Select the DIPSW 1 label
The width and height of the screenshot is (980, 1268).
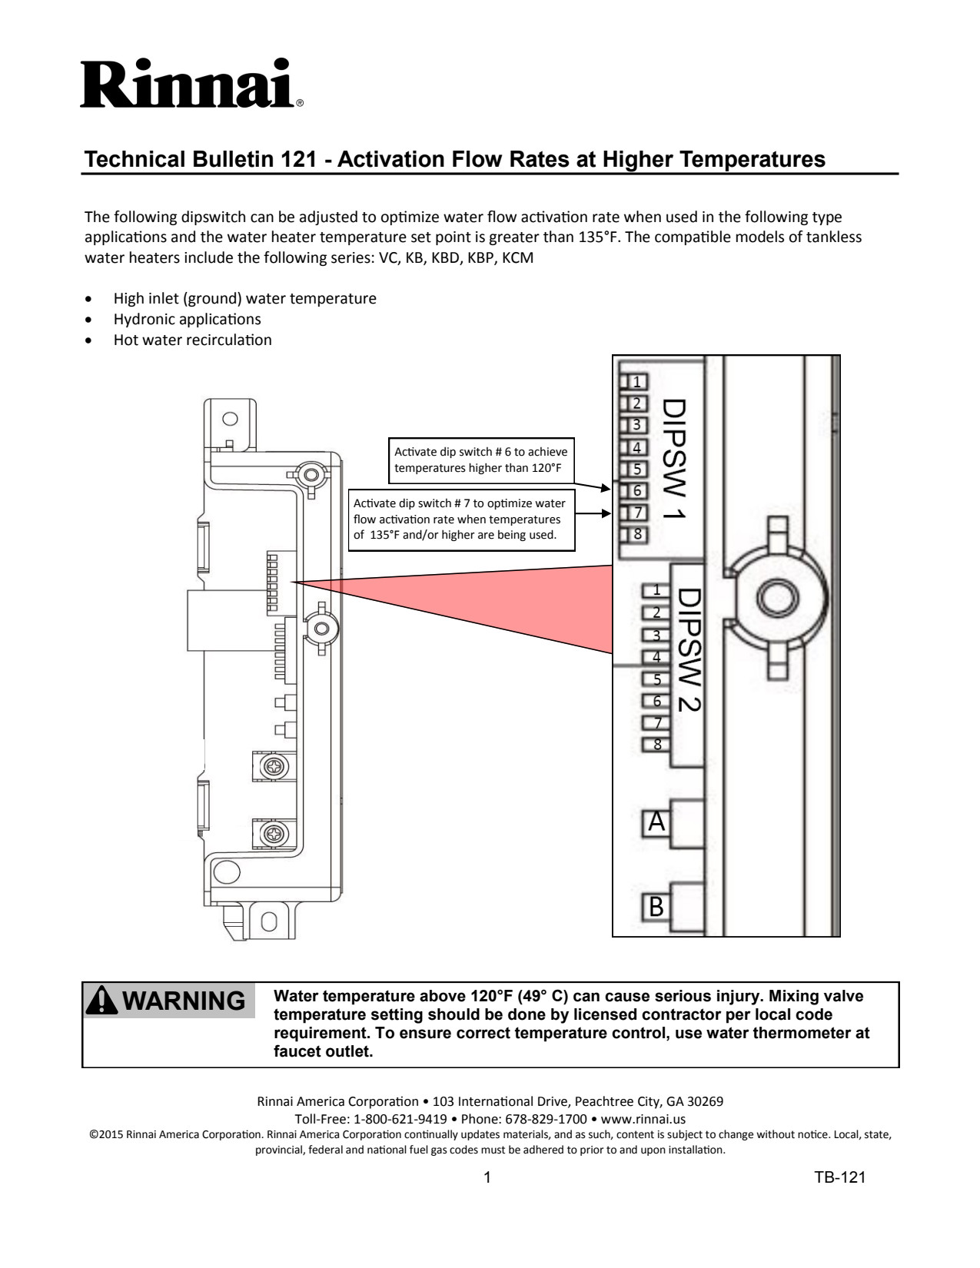pos(674,459)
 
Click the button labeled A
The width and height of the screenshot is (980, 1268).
pos(656,822)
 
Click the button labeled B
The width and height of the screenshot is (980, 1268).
pos(656,908)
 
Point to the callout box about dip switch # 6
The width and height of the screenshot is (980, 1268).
pos(481,460)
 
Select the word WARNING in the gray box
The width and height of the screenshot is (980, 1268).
pos(184,1001)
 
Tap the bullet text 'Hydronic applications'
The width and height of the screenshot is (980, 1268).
pos(187,320)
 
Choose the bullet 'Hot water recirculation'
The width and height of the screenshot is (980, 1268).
pos(192,340)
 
